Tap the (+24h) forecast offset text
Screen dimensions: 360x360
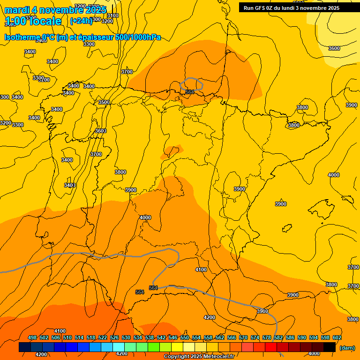click(x=81, y=21)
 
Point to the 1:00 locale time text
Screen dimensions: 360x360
click(x=33, y=21)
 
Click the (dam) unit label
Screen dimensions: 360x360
click(x=347, y=347)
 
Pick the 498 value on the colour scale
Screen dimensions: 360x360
click(x=32, y=337)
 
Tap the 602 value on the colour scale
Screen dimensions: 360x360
click(x=337, y=337)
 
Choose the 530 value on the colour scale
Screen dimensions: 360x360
click(x=126, y=337)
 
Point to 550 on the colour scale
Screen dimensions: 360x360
click(x=185, y=337)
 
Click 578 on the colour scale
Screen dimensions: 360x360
click(x=267, y=337)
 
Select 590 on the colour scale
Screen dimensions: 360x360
click(x=302, y=337)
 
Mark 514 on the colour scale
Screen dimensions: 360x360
click(x=79, y=337)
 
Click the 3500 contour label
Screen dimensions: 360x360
click(x=104, y=102)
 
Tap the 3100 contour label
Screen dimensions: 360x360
click(x=113, y=15)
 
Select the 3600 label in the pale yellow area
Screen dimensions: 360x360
click(x=334, y=48)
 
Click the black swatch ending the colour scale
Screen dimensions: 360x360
click(x=330, y=347)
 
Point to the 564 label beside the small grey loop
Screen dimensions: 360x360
click(x=190, y=92)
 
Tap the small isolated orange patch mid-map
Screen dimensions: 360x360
click(x=172, y=151)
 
